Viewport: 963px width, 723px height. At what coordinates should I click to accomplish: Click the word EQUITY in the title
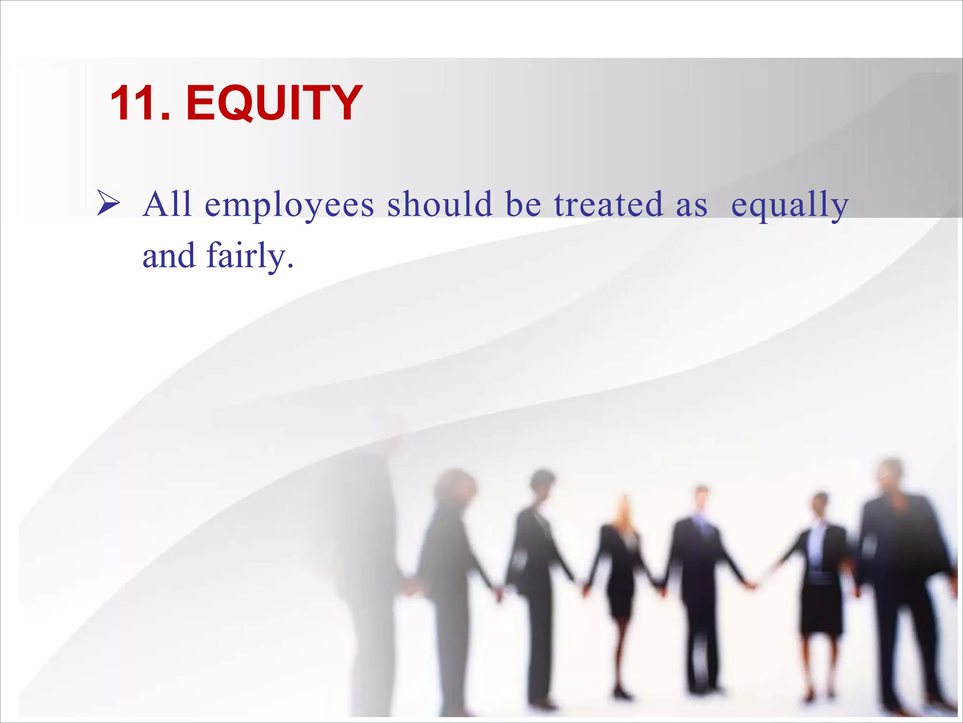tap(274, 103)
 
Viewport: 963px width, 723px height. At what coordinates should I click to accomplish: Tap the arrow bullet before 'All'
tap(108, 204)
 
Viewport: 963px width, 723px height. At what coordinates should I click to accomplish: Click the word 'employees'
tap(289, 206)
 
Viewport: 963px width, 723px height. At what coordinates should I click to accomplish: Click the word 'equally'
tap(789, 206)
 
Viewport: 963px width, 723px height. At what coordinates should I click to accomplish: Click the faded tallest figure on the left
tap(371, 541)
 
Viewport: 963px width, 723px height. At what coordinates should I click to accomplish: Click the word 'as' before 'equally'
tap(691, 206)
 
